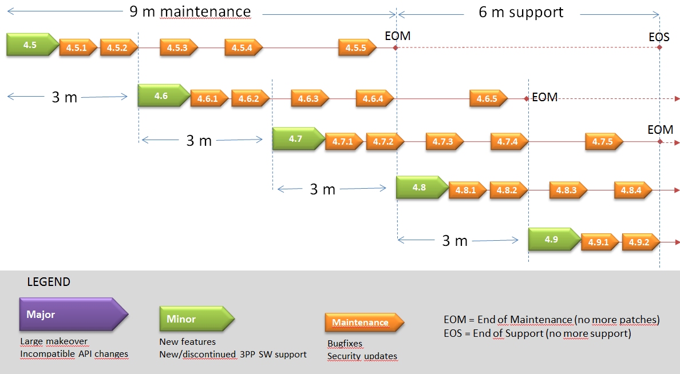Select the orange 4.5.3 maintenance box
(178, 47)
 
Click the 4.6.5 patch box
(488, 98)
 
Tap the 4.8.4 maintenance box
(632, 190)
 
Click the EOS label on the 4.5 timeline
(659, 37)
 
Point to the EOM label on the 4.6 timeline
(544, 97)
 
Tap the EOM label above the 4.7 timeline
(660, 130)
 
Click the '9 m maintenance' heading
(190, 12)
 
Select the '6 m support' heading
(521, 12)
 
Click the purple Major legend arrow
(73, 315)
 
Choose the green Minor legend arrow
(196, 319)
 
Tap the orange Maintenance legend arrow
(364, 323)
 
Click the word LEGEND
(49, 282)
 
